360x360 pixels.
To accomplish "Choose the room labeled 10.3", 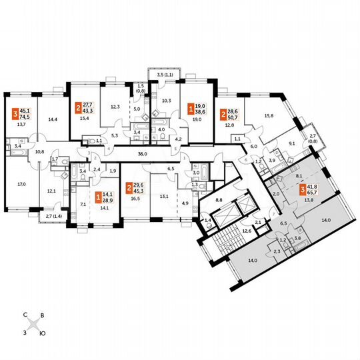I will tap(167, 101).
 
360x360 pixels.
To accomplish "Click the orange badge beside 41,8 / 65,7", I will tap(284, 193).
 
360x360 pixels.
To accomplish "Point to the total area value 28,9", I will tap(106, 200).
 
